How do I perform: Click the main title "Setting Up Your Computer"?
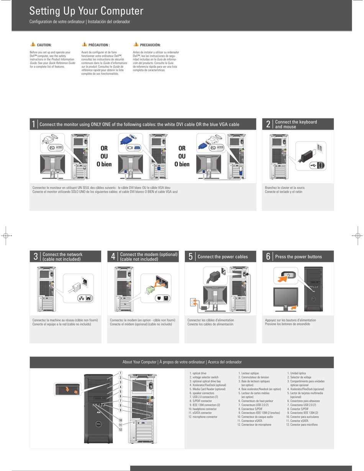(x=86, y=11)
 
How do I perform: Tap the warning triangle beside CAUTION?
(x=33, y=44)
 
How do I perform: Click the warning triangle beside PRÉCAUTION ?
(x=84, y=44)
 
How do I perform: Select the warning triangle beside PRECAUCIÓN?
(x=136, y=44)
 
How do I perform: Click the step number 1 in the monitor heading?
(x=34, y=124)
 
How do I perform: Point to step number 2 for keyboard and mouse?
(x=268, y=124)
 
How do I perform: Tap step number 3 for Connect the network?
(x=35, y=257)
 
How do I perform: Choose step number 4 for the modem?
(x=113, y=257)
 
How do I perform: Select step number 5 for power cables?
(x=190, y=257)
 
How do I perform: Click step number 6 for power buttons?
(x=268, y=257)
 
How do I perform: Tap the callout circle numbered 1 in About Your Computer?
(x=120, y=373)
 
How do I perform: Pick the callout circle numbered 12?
(x=120, y=429)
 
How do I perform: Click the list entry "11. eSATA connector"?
(x=200, y=413)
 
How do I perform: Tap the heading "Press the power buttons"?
(x=298, y=257)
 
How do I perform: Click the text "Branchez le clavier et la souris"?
(x=285, y=188)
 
